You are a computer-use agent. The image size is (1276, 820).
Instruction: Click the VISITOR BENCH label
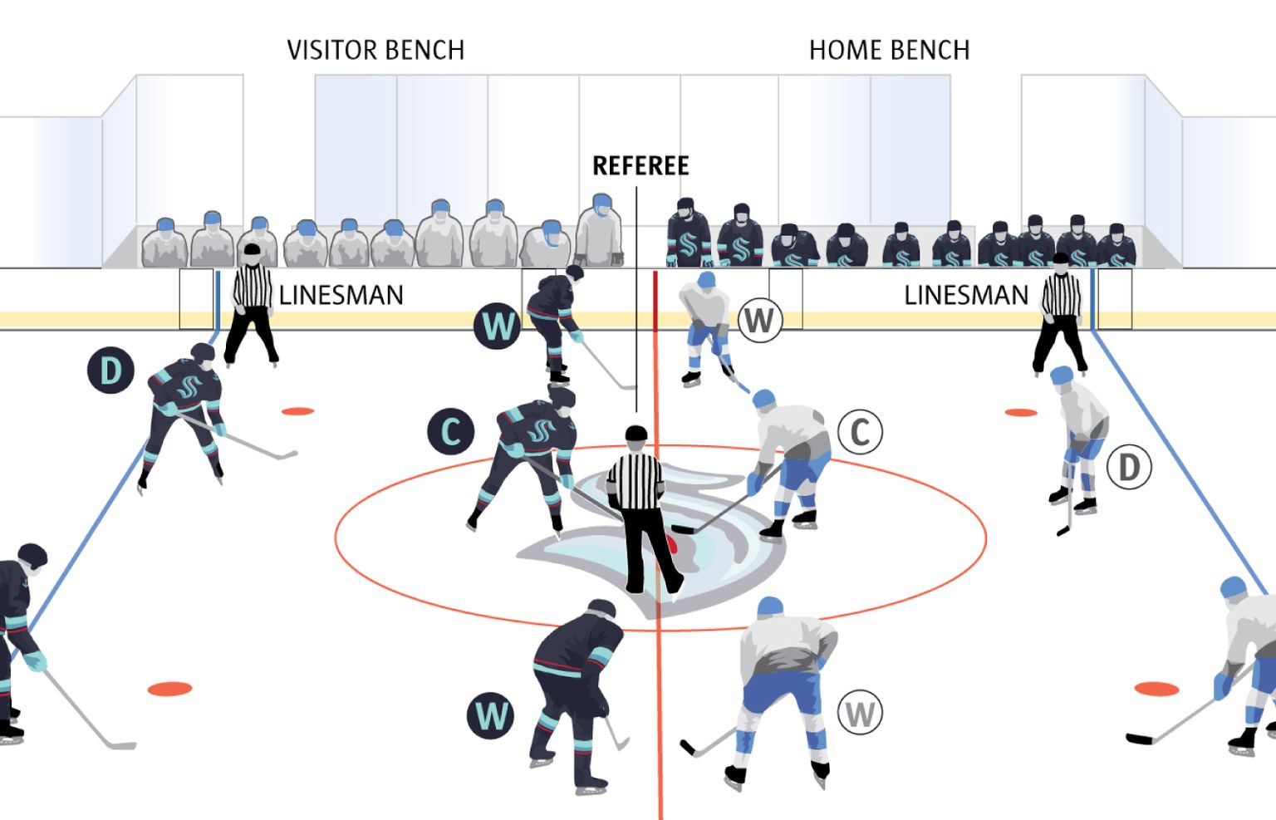(x=375, y=50)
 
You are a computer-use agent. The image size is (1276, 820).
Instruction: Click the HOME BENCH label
(x=889, y=50)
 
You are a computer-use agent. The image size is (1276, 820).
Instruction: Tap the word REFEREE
(x=640, y=166)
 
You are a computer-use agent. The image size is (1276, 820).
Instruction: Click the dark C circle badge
(x=450, y=432)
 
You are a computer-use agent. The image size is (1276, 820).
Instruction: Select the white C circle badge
(x=860, y=432)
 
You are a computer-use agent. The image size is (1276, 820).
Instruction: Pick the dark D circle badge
(x=110, y=371)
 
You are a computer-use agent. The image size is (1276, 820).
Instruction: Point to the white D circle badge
(x=1129, y=468)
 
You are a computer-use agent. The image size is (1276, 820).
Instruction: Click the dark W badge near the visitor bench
(x=498, y=326)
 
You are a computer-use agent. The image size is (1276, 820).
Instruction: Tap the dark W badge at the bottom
(x=490, y=715)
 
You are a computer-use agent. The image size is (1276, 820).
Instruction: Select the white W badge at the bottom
(x=860, y=714)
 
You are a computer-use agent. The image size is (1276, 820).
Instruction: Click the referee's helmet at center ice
(x=636, y=434)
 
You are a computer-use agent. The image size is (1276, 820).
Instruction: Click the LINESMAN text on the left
(x=341, y=296)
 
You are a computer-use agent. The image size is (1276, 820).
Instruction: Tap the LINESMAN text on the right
(x=965, y=296)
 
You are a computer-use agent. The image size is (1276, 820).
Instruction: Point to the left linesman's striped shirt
(x=253, y=287)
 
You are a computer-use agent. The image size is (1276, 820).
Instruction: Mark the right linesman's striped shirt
(x=1061, y=294)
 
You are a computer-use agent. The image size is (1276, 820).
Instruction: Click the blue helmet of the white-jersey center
(x=763, y=399)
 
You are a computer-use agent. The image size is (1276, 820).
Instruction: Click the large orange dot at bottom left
(x=170, y=689)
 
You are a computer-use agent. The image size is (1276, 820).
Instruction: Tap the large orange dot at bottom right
(x=1156, y=689)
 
